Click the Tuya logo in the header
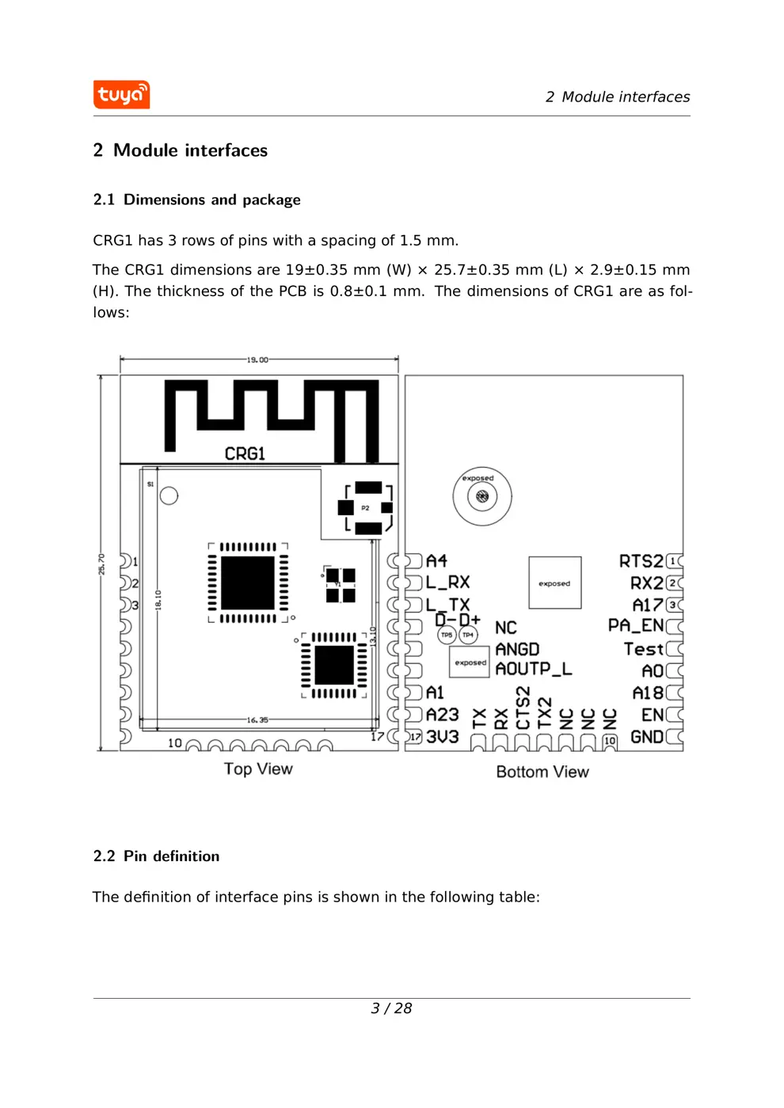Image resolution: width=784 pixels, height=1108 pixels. [x=121, y=95]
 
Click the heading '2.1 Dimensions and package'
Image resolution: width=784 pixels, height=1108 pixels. [x=196, y=199]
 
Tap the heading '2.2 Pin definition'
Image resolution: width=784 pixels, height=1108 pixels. [x=156, y=856]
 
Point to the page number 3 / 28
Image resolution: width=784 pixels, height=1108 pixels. [x=391, y=1007]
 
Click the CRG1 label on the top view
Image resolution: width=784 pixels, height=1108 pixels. [x=245, y=453]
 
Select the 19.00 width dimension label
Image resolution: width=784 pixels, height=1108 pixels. [x=257, y=360]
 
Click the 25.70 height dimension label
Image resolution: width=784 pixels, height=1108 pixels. [x=101, y=563]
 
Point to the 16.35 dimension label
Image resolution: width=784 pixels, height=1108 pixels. [x=257, y=719]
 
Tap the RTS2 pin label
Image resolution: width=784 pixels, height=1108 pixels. [x=641, y=561]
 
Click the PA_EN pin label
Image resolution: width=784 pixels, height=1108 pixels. [x=636, y=626]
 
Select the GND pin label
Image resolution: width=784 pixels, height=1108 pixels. [x=646, y=737]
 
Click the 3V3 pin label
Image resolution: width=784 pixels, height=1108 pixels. [x=443, y=737]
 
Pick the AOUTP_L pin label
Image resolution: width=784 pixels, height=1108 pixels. [x=533, y=669]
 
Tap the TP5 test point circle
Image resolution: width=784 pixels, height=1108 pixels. [x=447, y=635]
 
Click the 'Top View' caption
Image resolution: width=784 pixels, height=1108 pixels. [x=258, y=768]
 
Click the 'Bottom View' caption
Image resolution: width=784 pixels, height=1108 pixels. [x=542, y=772]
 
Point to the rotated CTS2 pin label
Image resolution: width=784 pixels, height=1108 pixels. [x=523, y=708]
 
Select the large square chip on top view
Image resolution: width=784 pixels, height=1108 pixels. [x=248, y=583]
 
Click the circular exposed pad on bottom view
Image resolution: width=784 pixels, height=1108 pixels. [x=482, y=496]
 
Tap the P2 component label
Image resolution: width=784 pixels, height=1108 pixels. [x=365, y=508]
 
